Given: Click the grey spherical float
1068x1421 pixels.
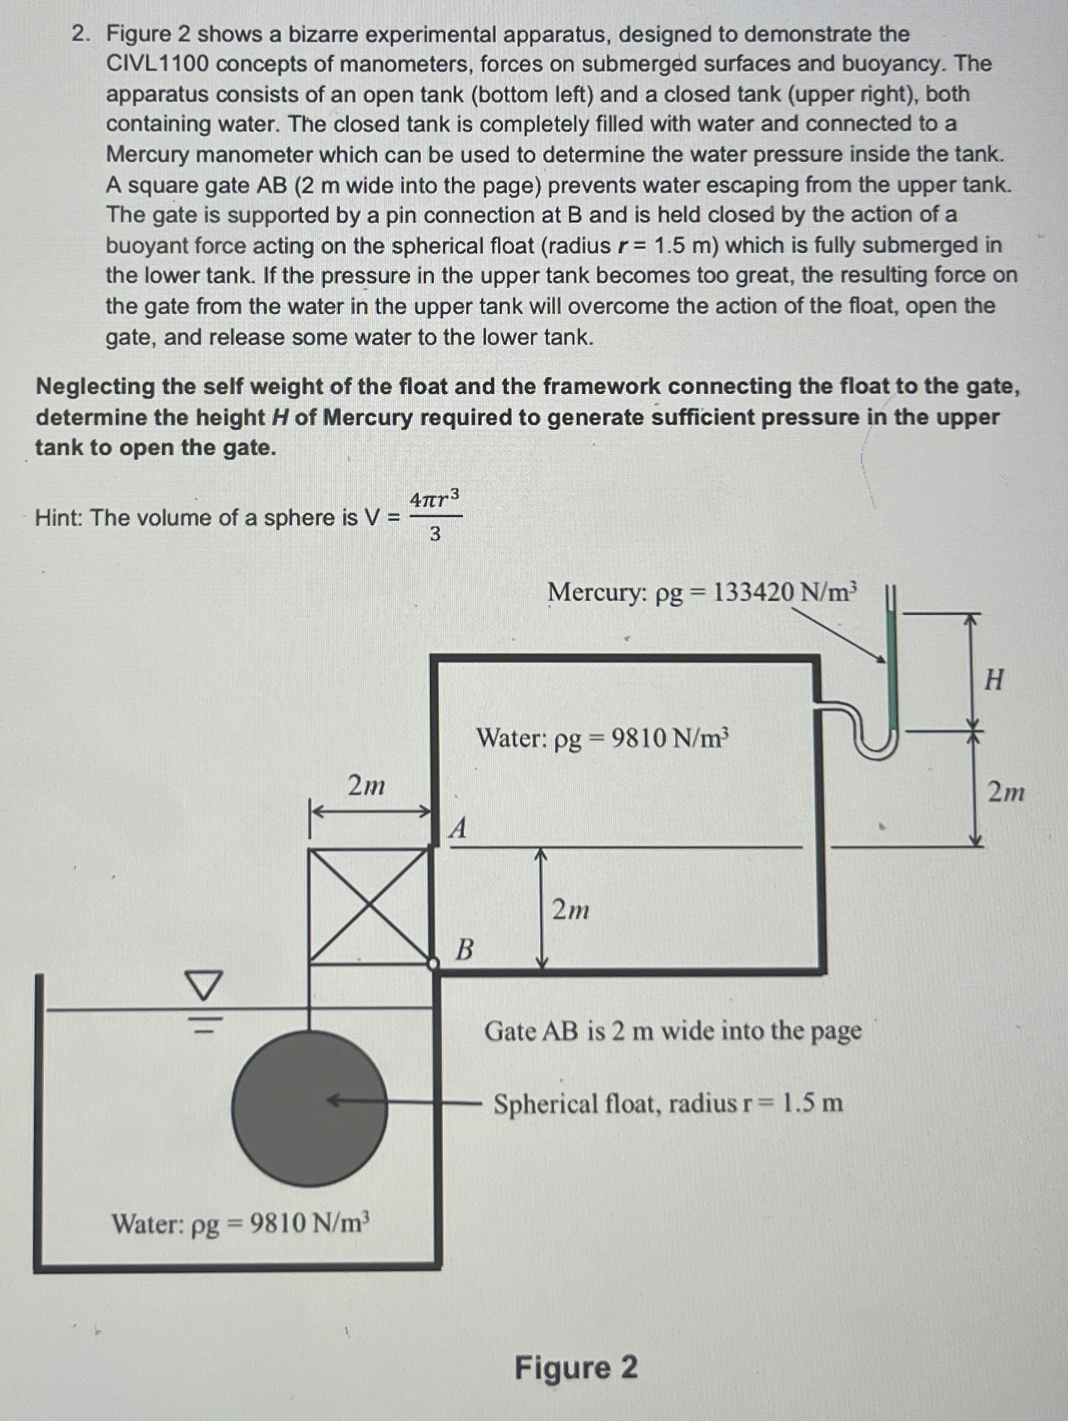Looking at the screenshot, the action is pyautogui.click(x=309, y=1108).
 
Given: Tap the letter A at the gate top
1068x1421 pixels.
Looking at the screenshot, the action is pyautogui.click(x=458, y=828).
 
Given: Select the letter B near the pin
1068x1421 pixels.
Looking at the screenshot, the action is pyautogui.click(x=464, y=949).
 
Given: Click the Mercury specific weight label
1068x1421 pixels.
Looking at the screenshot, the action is pyautogui.click(x=702, y=593).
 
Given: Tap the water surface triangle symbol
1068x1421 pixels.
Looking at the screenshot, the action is pyautogui.click(x=204, y=986).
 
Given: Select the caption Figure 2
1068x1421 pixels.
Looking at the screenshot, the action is pyautogui.click(x=576, y=1368).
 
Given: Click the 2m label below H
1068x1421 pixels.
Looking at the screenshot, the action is pyautogui.click(x=1006, y=790).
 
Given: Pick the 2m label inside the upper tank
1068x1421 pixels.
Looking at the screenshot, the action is pyautogui.click(x=571, y=910).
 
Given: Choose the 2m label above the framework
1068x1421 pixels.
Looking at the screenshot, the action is pyautogui.click(x=366, y=786).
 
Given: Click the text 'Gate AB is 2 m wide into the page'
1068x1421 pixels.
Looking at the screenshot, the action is pyautogui.click(x=673, y=1031).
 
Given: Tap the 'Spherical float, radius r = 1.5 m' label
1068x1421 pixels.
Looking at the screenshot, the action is pyautogui.click(x=668, y=1103).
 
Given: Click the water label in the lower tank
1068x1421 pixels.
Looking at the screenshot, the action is pyautogui.click(x=240, y=1224).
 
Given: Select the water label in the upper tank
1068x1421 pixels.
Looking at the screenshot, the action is pyautogui.click(x=602, y=738).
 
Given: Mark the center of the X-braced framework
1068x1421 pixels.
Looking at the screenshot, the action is pyautogui.click(x=370, y=905).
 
